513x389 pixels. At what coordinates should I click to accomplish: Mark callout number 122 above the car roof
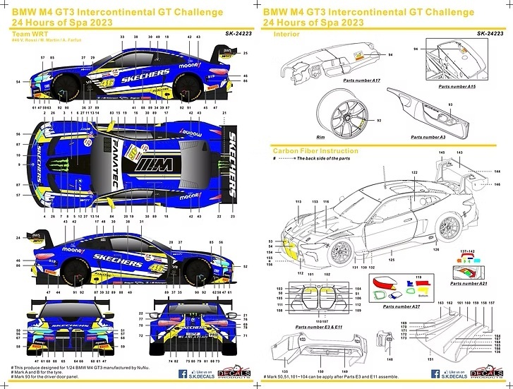pos(414,172)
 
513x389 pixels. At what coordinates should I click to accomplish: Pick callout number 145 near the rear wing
pos(441,153)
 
